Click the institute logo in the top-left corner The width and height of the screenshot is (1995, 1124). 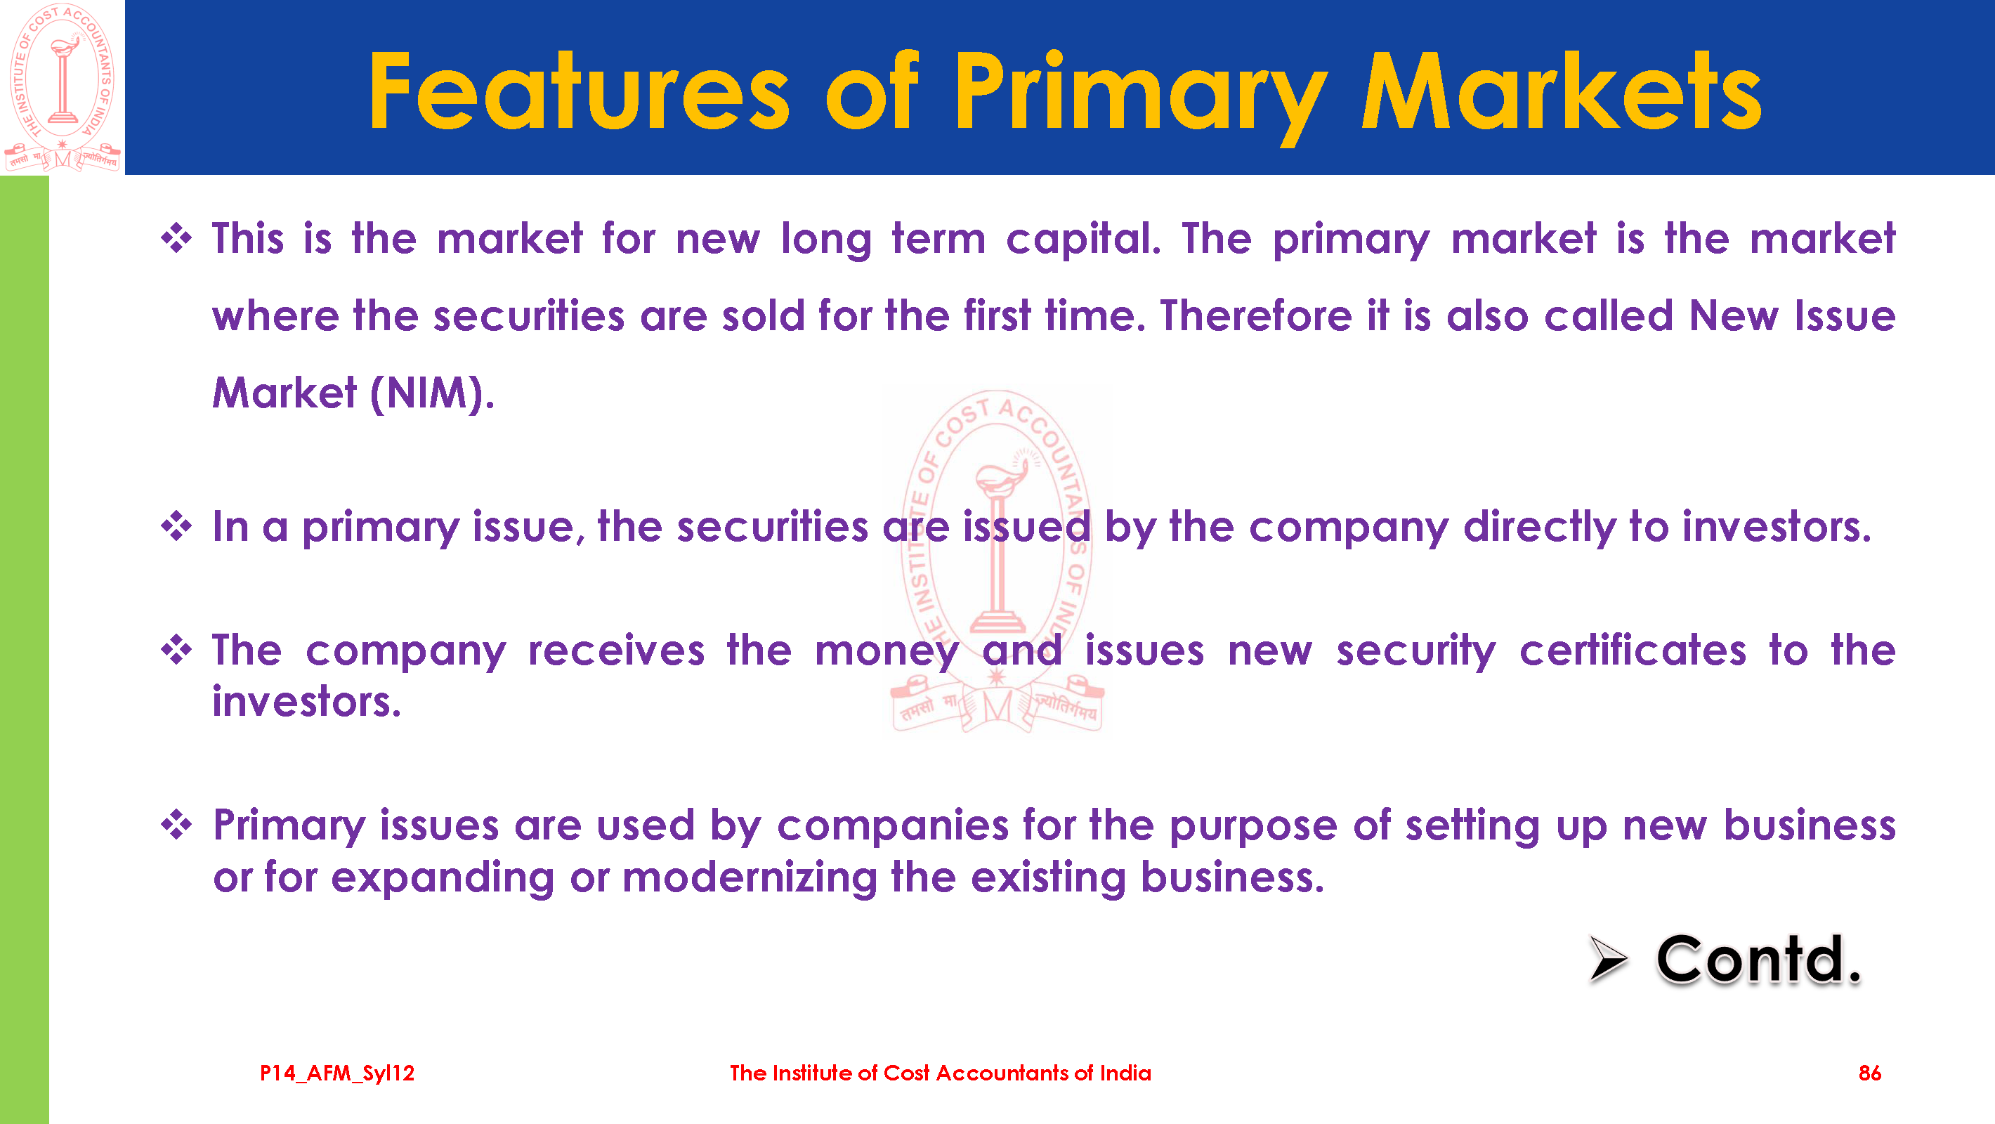click(63, 87)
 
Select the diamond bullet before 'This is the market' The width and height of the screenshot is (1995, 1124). click(176, 238)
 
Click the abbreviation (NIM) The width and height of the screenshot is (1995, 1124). click(431, 393)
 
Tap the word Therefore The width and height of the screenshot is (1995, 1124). click(1255, 316)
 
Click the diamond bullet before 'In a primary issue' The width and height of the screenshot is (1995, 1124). click(176, 527)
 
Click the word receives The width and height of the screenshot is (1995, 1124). click(617, 651)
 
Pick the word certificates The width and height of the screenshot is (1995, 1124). click(1633, 651)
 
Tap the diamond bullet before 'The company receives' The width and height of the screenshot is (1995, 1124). click(176, 650)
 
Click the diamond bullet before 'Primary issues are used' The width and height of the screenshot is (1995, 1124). click(176, 825)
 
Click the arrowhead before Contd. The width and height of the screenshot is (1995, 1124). click(1608, 959)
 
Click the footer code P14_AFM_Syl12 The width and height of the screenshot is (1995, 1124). click(337, 1073)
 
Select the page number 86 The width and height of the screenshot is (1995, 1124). click(1869, 1073)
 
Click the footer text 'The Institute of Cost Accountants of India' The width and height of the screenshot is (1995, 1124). click(940, 1073)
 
